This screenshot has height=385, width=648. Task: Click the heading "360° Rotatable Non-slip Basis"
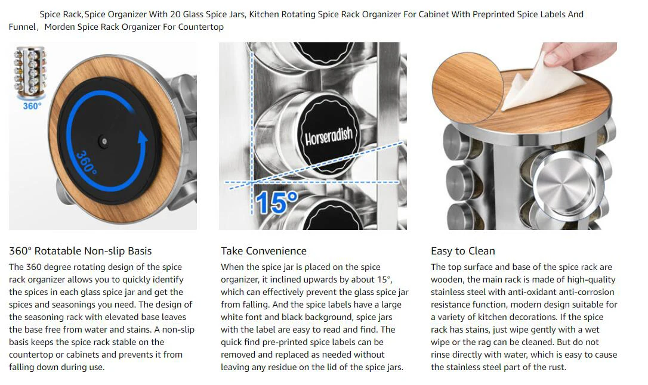[80, 251]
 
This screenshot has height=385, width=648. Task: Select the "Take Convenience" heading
[264, 251]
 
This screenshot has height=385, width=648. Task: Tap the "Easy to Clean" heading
[463, 251]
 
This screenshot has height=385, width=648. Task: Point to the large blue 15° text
[276, 202]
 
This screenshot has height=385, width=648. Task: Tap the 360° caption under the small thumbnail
[32, 106]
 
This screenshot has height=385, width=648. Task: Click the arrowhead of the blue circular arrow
[143, 138]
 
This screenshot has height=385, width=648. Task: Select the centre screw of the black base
[104, 141]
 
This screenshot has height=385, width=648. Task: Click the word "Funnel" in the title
[22, 27]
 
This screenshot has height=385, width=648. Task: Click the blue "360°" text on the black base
[87, 162]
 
